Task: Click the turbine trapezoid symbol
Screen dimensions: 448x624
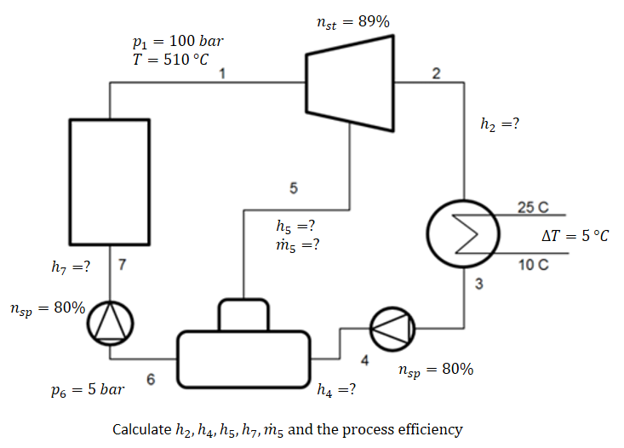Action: pyautogui.click(x=349, y=82)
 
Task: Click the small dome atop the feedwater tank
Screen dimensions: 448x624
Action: pyautogui.click(x=244, y=314)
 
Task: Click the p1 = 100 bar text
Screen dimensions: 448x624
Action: pyautogui.click(x=175, y=41)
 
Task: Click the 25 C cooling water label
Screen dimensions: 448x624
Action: pyautogui.click(x=534, y=207)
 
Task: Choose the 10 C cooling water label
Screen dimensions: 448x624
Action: pyautogui.click(x=534, y=264)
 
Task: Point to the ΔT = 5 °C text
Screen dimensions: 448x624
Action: pyautogui.click(x=575, y=235)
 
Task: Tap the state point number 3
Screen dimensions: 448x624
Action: pyautogui.click(x=478, y=284)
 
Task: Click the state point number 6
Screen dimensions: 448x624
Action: pyautogui.click(x=150, y=380)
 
